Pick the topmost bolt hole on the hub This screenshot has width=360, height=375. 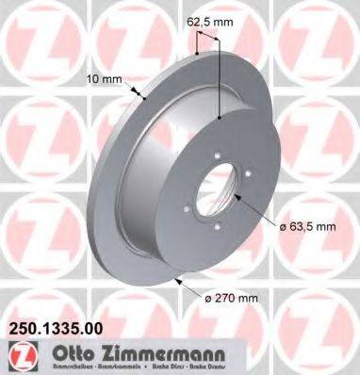click(218, 156)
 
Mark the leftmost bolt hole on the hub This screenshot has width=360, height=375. click(191, 188)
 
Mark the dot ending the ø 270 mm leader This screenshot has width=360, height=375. click(178, 280)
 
